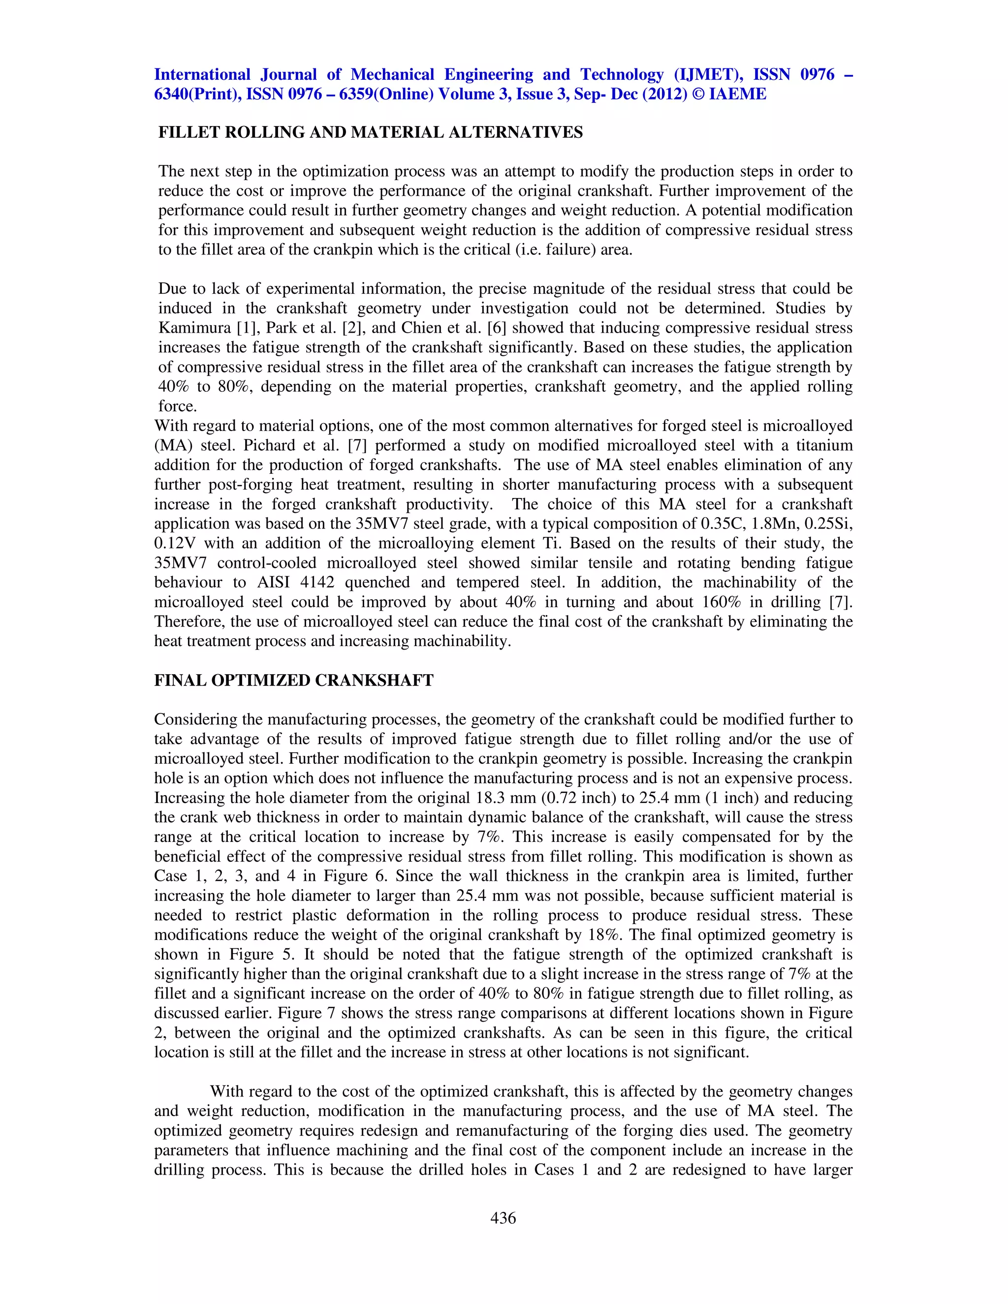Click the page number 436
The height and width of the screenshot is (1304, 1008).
[x=503, y=1218]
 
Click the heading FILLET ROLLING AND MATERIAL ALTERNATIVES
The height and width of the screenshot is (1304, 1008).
[x=370, y=132]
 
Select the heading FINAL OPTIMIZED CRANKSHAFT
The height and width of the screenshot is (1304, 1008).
[x=293, y=681]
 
